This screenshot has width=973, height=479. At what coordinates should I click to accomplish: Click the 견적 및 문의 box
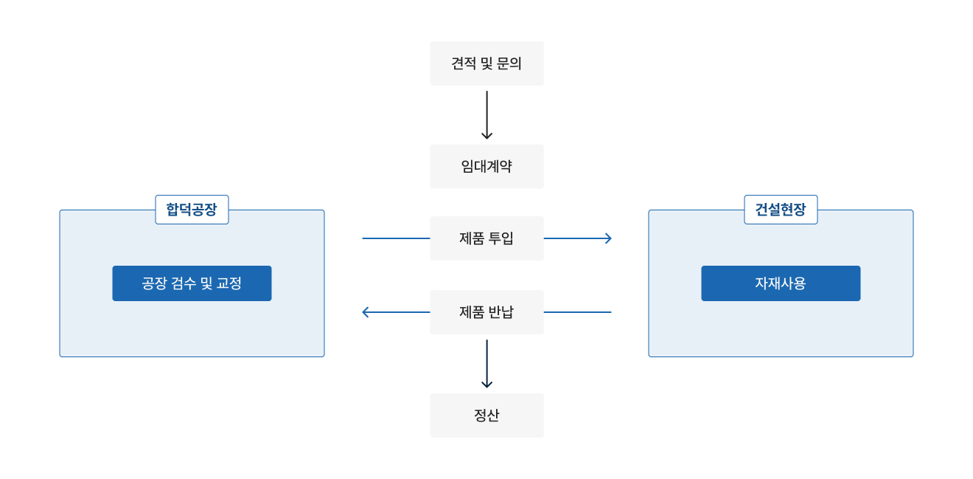(x=486, y=63)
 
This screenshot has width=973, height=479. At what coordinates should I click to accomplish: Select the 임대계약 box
(x=486, y=166)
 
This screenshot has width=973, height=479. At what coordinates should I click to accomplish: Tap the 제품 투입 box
(x=486, y=238)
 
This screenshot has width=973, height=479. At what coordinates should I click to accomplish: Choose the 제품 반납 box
(x=486, y=312)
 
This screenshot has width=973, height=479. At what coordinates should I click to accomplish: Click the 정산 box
(x=486, y=416)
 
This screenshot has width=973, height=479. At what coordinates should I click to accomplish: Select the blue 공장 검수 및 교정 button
(x=192, y=283)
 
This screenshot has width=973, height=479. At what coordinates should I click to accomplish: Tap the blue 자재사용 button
(x=781, y=283)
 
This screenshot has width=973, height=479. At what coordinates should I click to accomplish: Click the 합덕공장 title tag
(x=192, y=210)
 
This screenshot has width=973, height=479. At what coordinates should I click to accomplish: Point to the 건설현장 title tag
(x=781, y=210)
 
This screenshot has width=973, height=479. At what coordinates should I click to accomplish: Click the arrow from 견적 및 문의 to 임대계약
(x=486, y=114)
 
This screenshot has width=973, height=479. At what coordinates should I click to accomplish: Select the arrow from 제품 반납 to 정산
(x=486, y=363)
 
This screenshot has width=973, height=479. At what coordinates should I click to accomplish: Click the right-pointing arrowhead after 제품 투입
(x=608, y=238)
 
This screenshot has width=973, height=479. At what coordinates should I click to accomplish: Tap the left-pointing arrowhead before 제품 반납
(x=366, y=312)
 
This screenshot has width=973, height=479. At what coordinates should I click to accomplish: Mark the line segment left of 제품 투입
(x=397, y=238)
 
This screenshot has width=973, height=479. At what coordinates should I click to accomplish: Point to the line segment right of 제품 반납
(x=577, y=312)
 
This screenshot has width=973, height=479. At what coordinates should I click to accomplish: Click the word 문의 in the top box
(x=509, y=63)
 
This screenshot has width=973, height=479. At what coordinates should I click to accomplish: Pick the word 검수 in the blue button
(x=184, y=283)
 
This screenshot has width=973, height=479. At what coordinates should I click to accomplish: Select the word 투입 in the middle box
(x=501, y=238)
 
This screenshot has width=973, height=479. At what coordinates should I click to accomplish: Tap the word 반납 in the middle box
(x=501, y=312)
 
